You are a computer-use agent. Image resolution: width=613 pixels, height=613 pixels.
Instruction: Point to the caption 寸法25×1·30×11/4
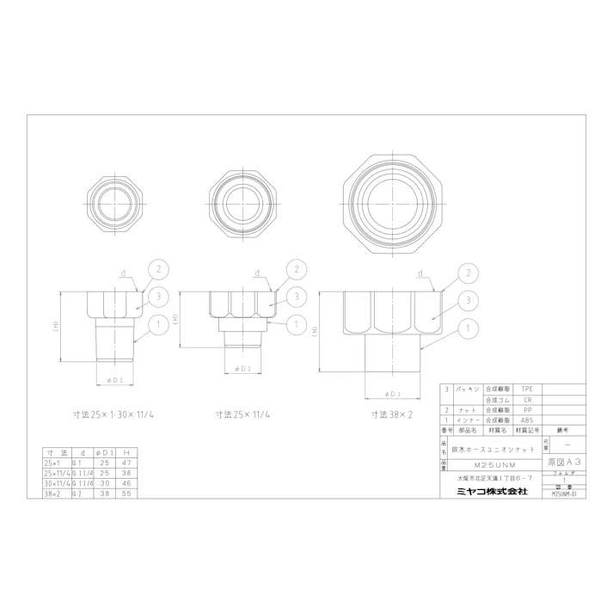pyautogui.click(x=118, y=414)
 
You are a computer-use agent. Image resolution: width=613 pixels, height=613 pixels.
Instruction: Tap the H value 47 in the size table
pyautogui.click(x=126, y=463)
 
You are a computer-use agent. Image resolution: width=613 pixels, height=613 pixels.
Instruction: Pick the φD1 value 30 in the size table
pyautogui.click(x=105, y=482)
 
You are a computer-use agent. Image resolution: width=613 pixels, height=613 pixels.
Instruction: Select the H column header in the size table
pyautogui.click(x=126, y=452)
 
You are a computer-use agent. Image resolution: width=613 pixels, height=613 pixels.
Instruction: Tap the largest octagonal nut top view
pyautogui.click(x=390, y=205)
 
